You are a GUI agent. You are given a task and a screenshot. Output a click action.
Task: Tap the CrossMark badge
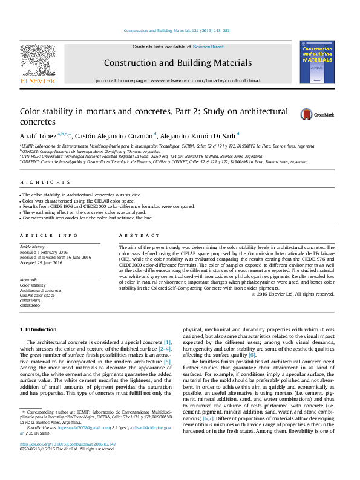pyautogui.click(x=301, y=114)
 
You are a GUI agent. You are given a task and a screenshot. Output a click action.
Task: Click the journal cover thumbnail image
pyautogui.click(x=316, y=62)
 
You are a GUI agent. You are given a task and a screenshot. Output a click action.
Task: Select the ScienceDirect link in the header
pyautogui.click(x=210, y=47)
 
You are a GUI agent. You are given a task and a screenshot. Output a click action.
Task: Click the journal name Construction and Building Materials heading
pyautogui.click(x=177, y=63)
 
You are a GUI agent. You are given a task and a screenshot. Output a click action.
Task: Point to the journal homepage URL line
pyautogui.click(x=177, y=80)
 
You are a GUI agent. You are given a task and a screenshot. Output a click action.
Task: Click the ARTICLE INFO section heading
pyautogui.click(x=48, y=235)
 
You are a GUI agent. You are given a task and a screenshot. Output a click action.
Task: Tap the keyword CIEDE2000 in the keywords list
pyautogui.click(x=30, y=306)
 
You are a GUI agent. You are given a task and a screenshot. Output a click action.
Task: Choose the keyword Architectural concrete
pyautogui.click(x=40, y=290)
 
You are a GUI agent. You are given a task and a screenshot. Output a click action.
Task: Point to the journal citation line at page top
pyautogui.click(x=177, y=31)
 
